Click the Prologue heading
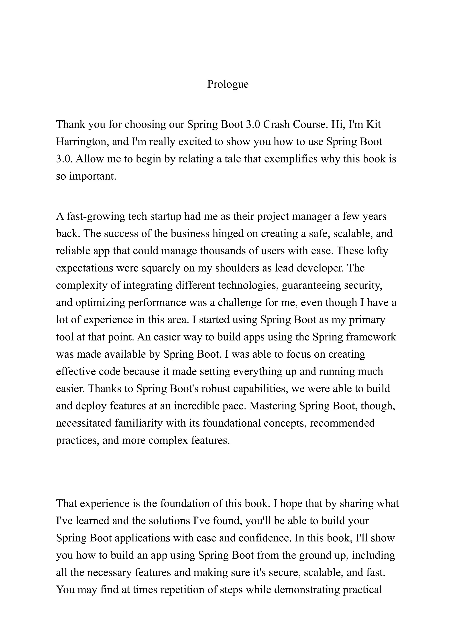[228, 84]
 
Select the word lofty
[377, 251]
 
